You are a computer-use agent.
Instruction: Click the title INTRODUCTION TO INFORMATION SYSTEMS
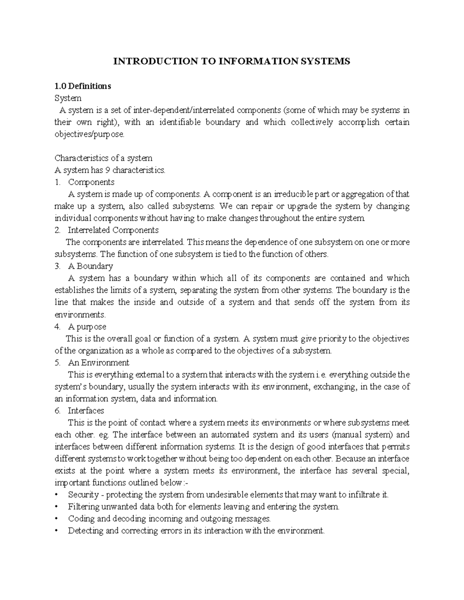231,61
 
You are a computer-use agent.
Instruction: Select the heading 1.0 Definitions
82,86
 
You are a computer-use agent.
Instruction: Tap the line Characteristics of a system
103,158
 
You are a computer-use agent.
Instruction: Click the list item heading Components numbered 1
91,182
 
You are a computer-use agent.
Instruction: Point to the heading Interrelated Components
113,230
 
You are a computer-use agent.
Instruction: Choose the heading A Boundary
90,266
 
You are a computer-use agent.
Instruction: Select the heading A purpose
87,326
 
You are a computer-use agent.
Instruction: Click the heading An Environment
98,363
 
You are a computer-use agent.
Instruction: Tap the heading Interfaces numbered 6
86,411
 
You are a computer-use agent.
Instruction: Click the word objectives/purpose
90,134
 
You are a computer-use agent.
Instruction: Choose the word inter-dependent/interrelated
181,110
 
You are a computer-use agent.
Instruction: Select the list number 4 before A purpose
57,326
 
